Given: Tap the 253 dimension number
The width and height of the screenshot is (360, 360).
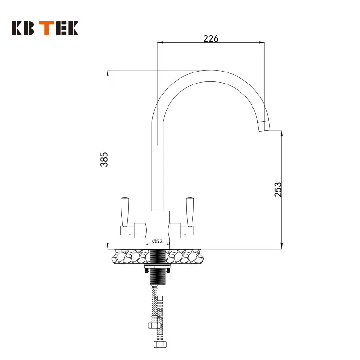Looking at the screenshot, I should click(x=277, y=190).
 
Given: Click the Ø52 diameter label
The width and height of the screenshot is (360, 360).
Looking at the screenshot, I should click(x=157, y=241).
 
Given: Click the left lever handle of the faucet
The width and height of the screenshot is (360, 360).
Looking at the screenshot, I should click(x=126, y=212).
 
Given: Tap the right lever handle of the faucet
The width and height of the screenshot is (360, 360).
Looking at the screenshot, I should click(x=189, y=212).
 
